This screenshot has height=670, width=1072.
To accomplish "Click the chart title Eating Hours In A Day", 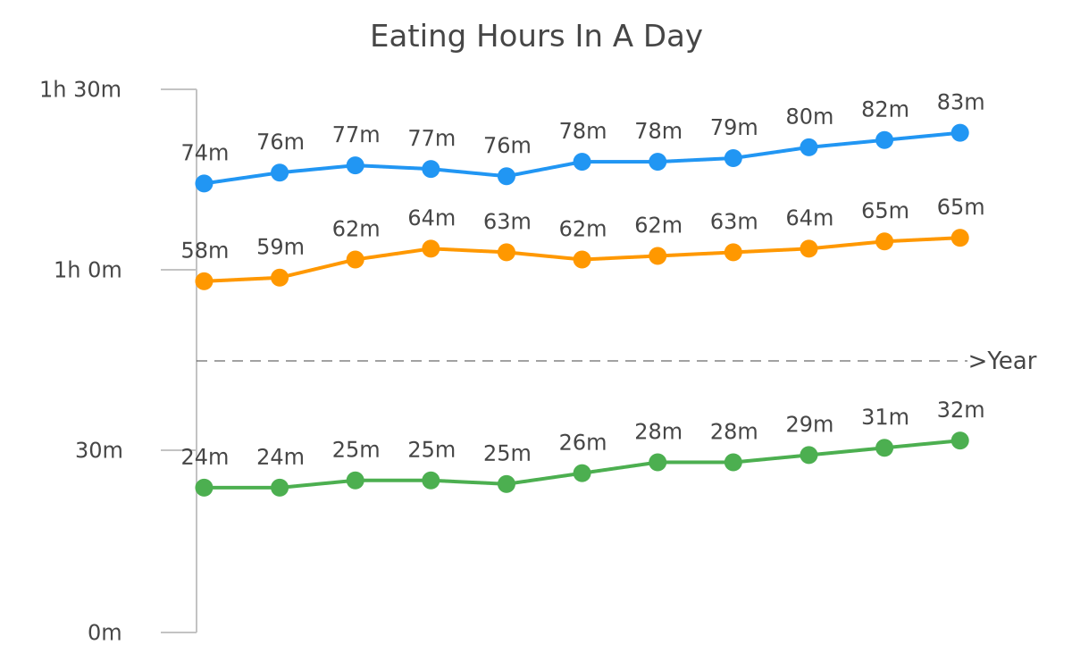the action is click(536, 37).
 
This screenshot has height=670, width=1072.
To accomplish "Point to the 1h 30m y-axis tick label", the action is click(80, 90).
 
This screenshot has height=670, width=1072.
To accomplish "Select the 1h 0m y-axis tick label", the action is click(88, 271).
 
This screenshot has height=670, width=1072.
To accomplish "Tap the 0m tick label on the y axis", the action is click(105, 633).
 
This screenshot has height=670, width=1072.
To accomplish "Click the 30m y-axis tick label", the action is click(98, 451).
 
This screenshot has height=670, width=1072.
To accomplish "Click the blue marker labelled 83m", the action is click(960, 132).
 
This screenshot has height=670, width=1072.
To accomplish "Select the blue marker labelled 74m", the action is click(204, 183).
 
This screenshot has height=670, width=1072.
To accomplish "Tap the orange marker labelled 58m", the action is click(204, 281).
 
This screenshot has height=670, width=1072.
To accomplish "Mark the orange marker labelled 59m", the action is click(280, 278).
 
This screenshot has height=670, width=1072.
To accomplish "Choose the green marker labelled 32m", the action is click(960, 440).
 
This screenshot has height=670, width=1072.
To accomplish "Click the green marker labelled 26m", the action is click(582, 473).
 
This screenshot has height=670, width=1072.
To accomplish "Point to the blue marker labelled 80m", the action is click(808, 147).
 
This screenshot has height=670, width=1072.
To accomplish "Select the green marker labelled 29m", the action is click(808, 455).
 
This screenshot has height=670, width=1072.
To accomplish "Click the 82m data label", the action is click(885, 110).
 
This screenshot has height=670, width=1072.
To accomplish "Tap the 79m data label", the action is click(733, 128).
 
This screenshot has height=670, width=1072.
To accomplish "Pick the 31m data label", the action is click(885, 417).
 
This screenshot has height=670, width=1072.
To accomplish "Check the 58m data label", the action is click(205, 251).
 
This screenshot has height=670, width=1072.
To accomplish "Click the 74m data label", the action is click(205, 153).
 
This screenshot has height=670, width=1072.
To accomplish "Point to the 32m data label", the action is click(960, 410).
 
